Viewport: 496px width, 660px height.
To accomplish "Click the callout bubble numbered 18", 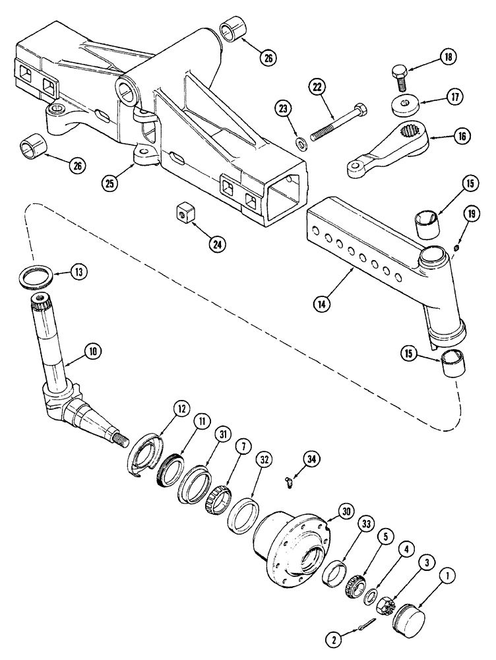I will point(448,58).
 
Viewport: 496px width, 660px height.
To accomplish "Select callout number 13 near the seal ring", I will point(79,271).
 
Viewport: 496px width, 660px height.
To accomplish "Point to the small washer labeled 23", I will point(301,142).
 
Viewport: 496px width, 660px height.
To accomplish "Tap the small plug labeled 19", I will point(455,248).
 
